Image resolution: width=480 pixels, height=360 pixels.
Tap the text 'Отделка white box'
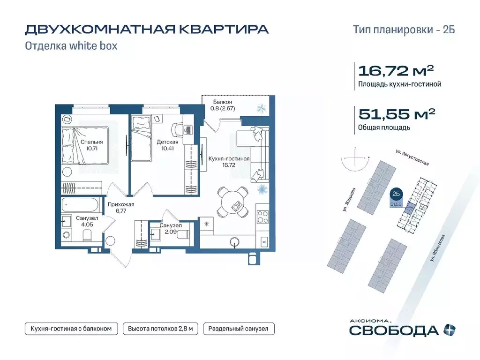point(71,46)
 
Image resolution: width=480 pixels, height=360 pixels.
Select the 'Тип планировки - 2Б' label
point(404,30)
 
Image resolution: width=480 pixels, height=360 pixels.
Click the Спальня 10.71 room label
point(91,145)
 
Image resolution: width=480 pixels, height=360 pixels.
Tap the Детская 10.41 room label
point(167,145)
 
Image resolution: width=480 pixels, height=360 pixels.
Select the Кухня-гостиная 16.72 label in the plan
point(229,162)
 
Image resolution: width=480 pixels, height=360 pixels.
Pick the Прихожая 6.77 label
point(121,208)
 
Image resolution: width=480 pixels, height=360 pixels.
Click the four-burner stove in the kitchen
point(263,217)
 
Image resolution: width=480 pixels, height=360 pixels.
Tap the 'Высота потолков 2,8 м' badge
point(160,329)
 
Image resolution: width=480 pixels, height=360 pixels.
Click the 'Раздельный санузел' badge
point(239,329)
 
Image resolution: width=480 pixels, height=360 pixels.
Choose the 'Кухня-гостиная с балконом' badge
point(71,329)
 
